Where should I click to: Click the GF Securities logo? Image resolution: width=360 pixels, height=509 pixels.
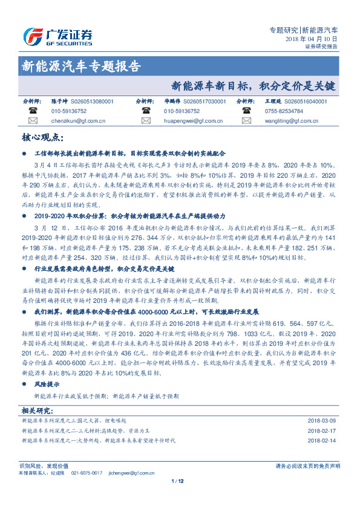(x=57, y=36)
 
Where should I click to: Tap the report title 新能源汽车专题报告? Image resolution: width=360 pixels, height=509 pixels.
(x=81, y=66)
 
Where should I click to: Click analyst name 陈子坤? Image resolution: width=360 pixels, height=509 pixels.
(x=59, y=102)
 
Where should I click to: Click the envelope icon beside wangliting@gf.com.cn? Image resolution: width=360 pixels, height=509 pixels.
(x=246, y=121)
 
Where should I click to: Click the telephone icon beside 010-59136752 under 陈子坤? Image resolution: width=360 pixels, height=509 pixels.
(x=31, y=111)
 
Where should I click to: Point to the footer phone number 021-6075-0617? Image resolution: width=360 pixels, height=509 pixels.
(x=87, y=473)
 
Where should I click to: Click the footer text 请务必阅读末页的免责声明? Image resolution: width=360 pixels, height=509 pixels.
(x=307, y=466)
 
